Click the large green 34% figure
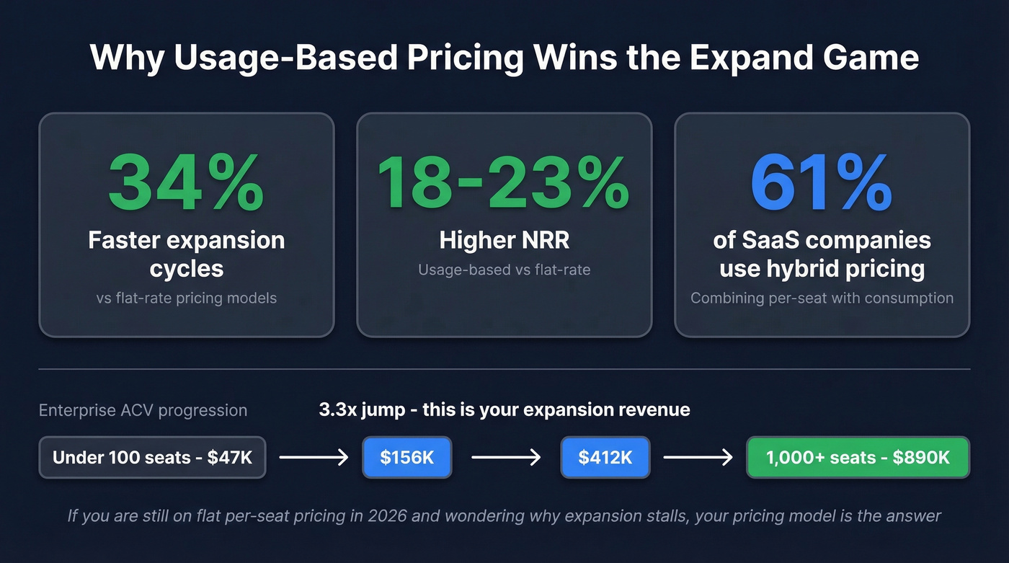point(186,185)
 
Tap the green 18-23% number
point(504,183)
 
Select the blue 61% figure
point(822,183)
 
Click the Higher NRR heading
point(504,241)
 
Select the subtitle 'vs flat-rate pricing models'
point(186,298)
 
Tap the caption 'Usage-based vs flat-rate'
point(504,270)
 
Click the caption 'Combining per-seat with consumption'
point(822,298)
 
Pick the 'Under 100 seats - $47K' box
point(152,457)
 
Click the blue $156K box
point(407,457)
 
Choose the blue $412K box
point(605,457)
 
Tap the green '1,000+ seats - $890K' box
point(858,457)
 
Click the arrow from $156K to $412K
point(506,457)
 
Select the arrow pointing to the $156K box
point(314,457)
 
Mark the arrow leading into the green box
point(698,457)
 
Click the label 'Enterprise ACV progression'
point(143,411)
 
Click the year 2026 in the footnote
point(419,516)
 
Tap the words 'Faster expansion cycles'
point(186,254)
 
